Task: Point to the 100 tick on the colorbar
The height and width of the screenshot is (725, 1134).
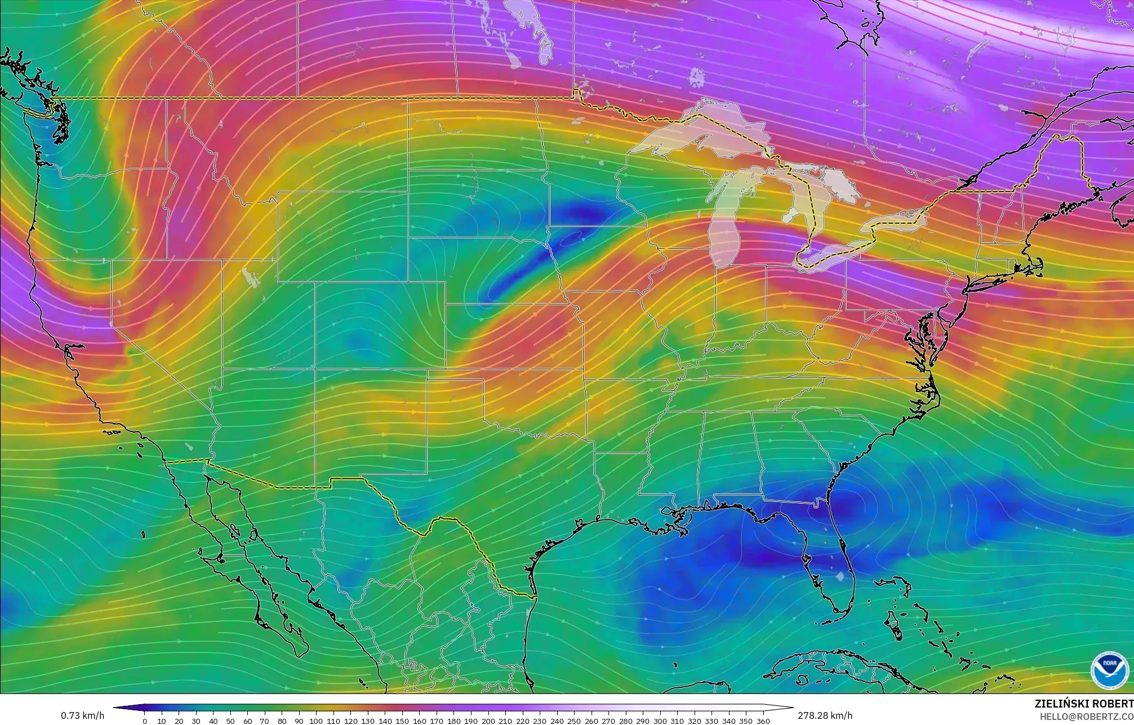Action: pyautogui.click(x=316, y=721)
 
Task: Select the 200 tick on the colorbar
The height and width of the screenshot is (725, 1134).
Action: pyautogui.click(x=488, y=721)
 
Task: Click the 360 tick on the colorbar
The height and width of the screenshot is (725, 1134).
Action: pyautogui.click(x=763, y=721)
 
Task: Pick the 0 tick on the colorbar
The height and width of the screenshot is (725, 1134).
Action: pyautogui.click(x=145, y=721)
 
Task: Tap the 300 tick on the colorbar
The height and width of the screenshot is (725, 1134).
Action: pyautogui.click(x=660, y=721)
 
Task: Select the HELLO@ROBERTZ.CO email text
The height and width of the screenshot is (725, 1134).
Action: pyautogui.click(x=1086, y=717)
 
